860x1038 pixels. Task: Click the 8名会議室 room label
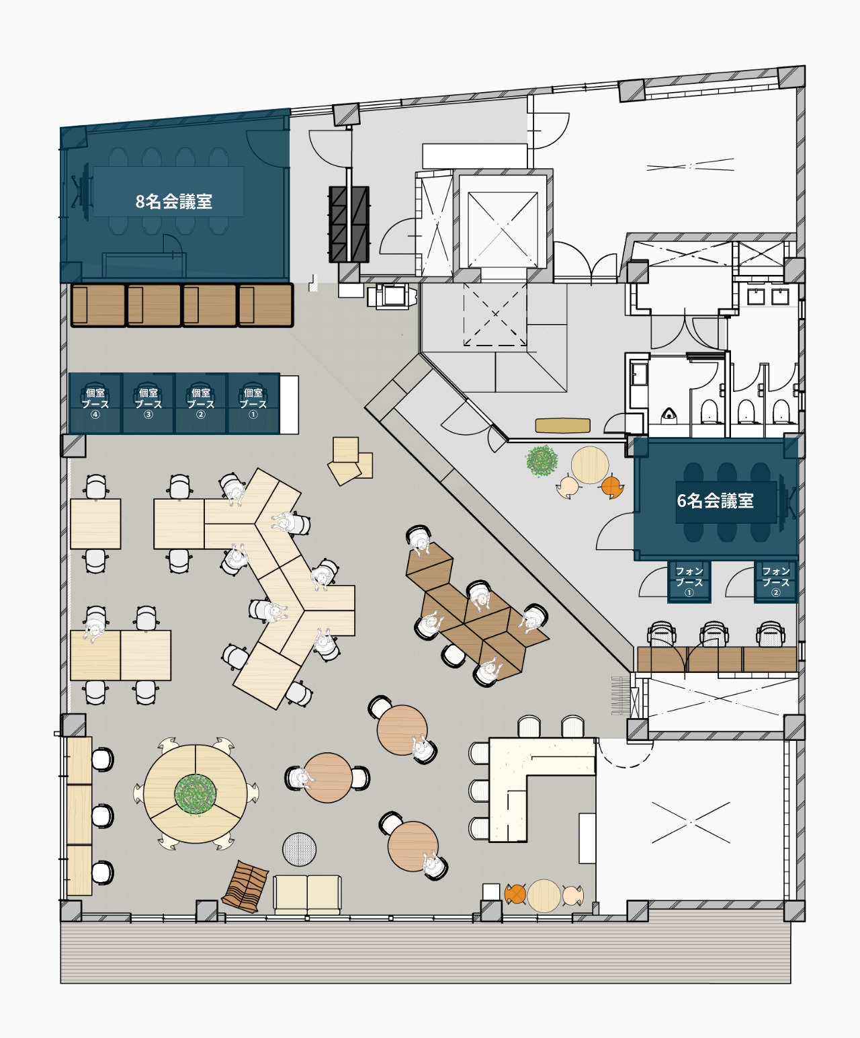(x=174, y=201)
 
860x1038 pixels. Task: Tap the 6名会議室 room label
(x=715, y=500)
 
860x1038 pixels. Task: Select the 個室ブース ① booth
(x=253, y=403)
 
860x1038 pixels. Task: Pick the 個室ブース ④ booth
(x=95, y=403)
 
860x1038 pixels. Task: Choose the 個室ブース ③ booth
(x=148, y=403)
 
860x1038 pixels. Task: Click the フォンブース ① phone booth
(x=689, y=582)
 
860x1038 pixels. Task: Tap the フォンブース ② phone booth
(x=775, y=582)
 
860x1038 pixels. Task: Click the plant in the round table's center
(x=196, y=794)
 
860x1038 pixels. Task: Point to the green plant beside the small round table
(x=542, y=461)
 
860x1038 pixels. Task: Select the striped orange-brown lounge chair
(x=245, y=886)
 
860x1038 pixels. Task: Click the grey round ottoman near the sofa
(x=299, y=849)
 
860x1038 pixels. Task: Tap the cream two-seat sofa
(x=307, y=895)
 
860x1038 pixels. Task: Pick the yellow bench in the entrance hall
(x=562, y=426)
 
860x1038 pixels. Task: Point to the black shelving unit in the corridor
(x=349, y=224)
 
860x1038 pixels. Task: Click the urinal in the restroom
(x=669, y=413)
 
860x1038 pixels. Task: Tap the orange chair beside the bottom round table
(x=515, y=894)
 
